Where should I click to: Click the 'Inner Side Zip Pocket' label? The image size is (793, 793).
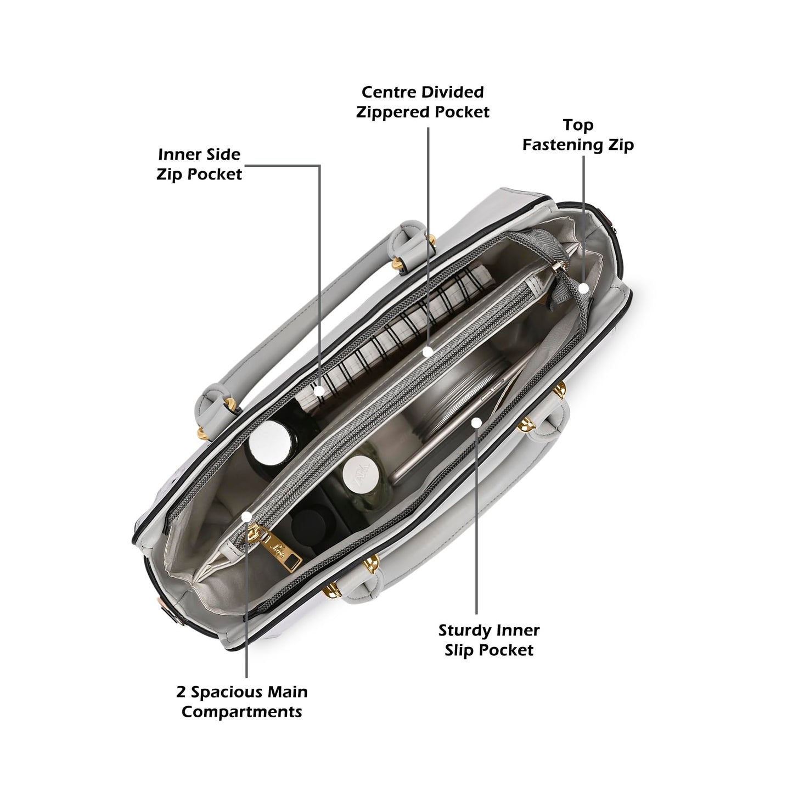point(199,164)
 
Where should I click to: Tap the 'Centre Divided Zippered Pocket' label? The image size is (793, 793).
point(423,102)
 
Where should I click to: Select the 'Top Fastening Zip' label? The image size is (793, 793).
point(578,134)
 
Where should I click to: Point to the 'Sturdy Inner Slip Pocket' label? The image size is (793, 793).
point(489,640)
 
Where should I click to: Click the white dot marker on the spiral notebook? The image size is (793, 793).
point(319,391)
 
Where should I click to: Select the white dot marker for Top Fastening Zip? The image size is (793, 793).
point(583,288)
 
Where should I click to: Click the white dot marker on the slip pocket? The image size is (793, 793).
point(476,422)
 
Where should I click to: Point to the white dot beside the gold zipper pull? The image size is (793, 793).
point(246,516)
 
